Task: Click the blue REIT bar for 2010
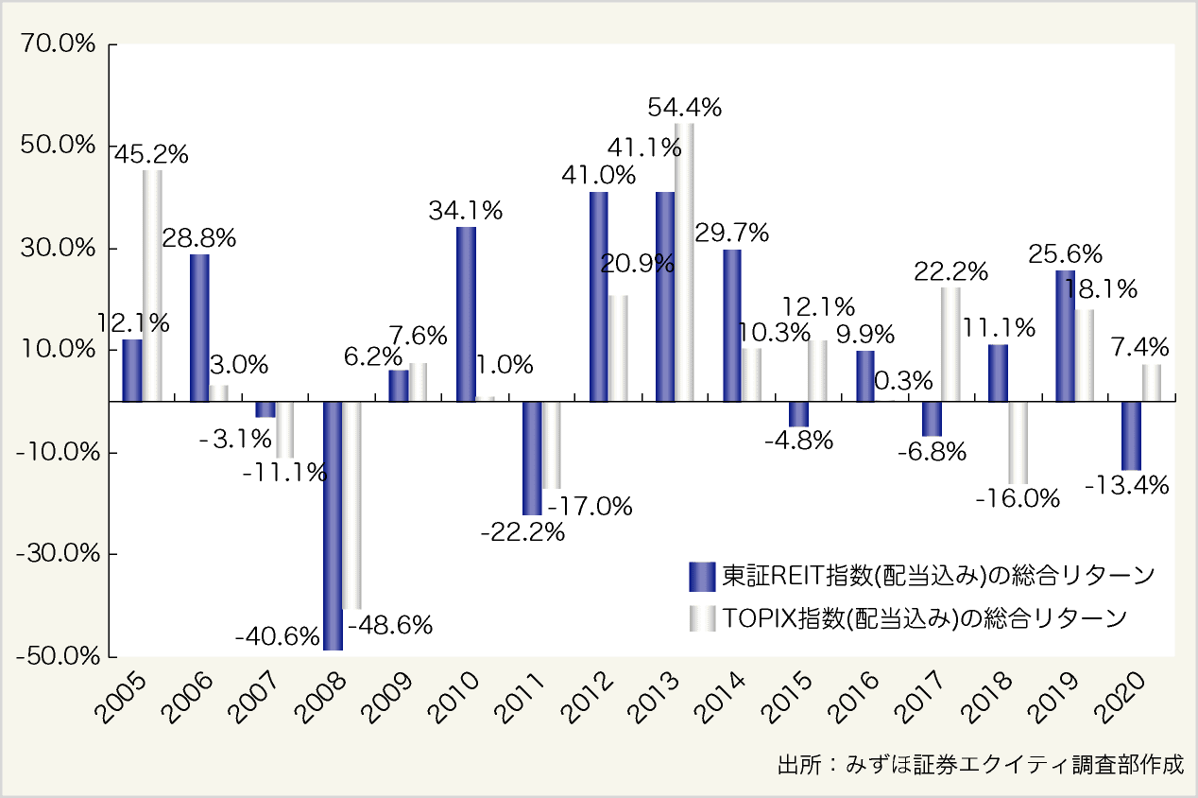[x=466, y=314]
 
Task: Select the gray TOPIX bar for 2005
[x=152, y=286]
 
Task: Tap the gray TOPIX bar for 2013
[x=684, y=262]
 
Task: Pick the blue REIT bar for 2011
[x=532, y=458]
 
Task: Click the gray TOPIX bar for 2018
[x=1018, y=442]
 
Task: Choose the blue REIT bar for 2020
[x=1131, y=435]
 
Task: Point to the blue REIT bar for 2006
[x=199, y=327]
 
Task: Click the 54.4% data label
[x=685, y=108]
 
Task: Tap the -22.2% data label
[x=522, y=532]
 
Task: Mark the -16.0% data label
[x=1018, y=498]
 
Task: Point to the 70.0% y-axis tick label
[x=59, y=44]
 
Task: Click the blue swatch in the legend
[x=702, y=576]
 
